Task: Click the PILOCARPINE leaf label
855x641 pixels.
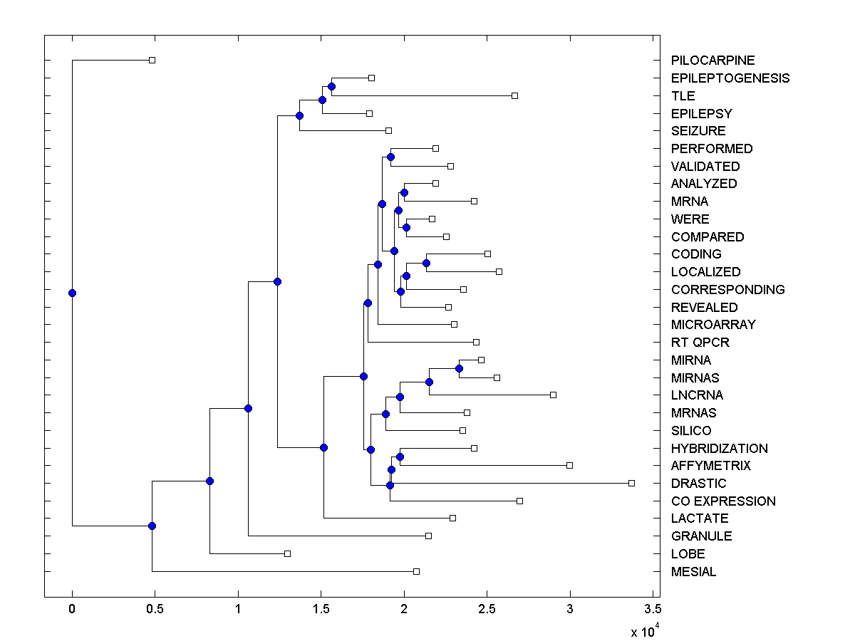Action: click(712, 61)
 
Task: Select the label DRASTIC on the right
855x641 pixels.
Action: click(698, 484)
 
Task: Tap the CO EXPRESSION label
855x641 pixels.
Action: click(723, 501)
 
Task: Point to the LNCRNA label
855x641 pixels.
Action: click(697, 395)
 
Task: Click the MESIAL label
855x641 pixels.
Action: click(693, 572)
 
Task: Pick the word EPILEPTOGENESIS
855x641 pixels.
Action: click(730, 78)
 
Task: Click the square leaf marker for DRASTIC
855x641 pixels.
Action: click(631, 483)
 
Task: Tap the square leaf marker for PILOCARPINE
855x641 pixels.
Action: click(152, 61)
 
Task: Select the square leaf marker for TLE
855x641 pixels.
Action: click(514, 95)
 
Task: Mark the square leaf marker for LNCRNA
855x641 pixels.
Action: click(553, 395)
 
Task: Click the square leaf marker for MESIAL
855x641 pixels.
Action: click(417, 571)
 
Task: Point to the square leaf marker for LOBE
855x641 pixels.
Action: click(287, 553)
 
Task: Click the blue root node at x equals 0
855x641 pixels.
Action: click(72, 293)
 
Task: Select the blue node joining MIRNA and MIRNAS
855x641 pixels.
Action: click(459, 368)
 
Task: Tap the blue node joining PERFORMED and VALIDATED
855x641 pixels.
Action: click(390, 157)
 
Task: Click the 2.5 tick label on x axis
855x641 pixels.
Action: click(487, 610)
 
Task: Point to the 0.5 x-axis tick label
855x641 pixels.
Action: click(155, 610)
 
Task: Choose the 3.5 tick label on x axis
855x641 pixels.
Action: click(652, 610)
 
